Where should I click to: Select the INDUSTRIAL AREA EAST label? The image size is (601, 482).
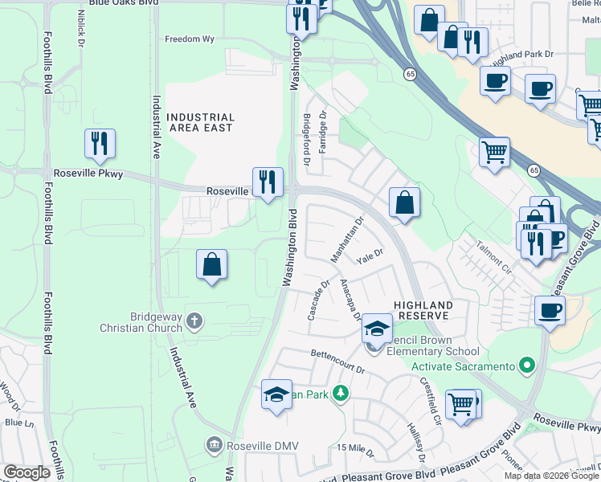pyautogui.click(x=200, y=122)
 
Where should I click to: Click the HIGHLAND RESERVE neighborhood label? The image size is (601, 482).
pyautogui.click(x=423, y=311)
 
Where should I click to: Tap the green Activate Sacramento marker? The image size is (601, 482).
pyautogui.click(x=527, y=366)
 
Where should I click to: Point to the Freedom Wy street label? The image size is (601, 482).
pyautogui.click(x=190, y=39)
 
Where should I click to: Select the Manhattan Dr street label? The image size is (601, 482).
pyautogui.click(x=347, y=238)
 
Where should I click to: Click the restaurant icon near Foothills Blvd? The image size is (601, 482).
pyautogui.click(x=100, y=144)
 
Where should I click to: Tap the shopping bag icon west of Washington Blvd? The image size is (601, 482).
pyautogui.click(x=211, y=264)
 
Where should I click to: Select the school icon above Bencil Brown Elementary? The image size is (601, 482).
pyautogui.click(x=376, y=328)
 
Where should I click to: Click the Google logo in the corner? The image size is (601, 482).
pyautogui.click(x=27, y=472)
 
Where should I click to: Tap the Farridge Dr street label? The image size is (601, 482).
pyautogui.click(x=323, y=126)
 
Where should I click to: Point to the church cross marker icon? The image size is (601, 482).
pyautogui.click(x=194, y=321)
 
